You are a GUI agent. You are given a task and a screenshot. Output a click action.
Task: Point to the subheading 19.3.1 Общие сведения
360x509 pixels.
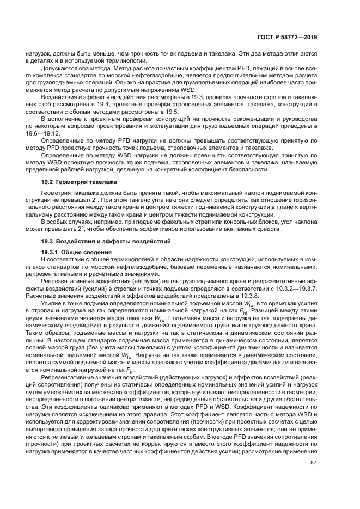tap(77, 253)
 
